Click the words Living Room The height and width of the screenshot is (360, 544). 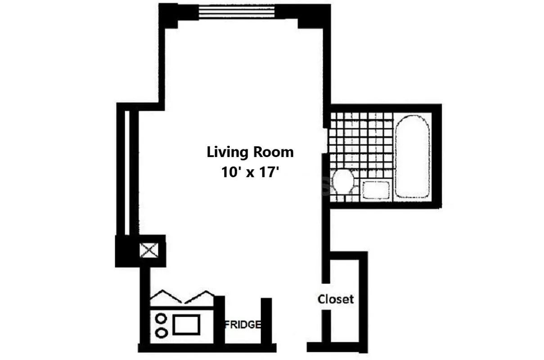[250, 152]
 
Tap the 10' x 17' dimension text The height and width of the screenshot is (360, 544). [250, 172]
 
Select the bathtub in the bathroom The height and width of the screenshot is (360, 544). [412, 156]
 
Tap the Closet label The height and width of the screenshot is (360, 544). [336, 299]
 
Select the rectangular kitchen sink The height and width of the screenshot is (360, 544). [186, 324]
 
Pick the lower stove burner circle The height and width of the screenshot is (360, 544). [161, 333]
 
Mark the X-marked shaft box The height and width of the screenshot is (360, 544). [149, 250]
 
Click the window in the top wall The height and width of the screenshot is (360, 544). [238, 12]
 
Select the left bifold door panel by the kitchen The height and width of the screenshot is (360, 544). [166, 297]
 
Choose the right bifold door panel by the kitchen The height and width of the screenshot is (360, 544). [200, 297]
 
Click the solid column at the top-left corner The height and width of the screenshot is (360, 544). [169, 14]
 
